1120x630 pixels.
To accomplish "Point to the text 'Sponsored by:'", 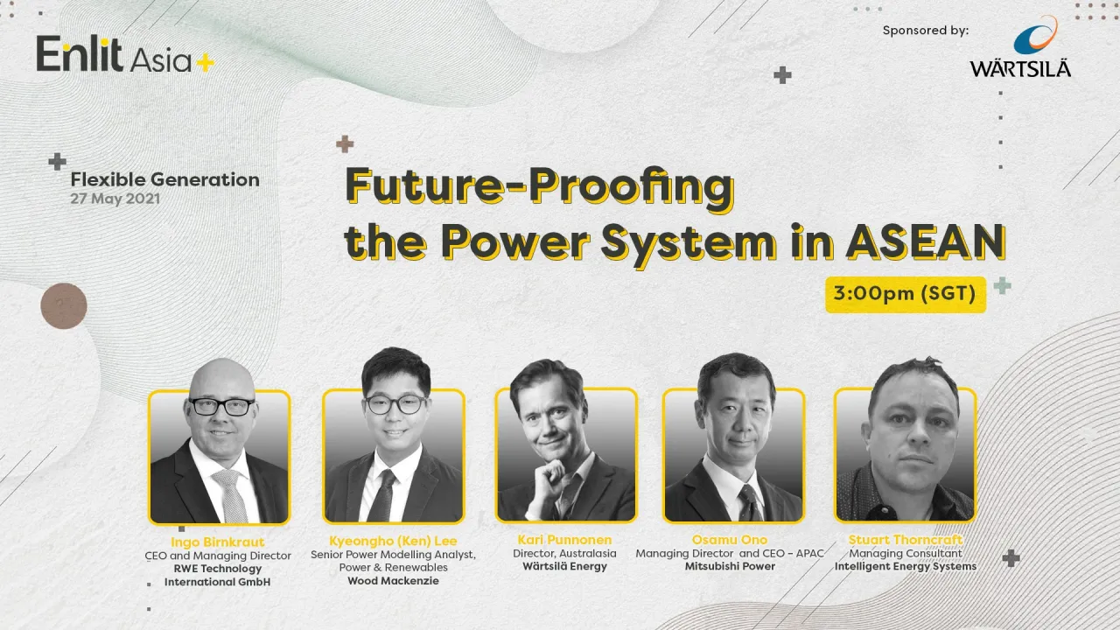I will pos(926,31).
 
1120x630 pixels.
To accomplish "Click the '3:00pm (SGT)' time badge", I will pos(906,294).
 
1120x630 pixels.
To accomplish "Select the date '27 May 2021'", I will pos(115,199).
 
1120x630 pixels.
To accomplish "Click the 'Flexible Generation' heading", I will pos(164,179).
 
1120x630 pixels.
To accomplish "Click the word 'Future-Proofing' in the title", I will pos(539,186).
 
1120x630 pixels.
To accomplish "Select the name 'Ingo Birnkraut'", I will pos(219,542).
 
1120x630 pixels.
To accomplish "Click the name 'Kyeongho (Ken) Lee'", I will pos(393,541).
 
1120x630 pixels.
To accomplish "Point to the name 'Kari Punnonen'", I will pos(564,540).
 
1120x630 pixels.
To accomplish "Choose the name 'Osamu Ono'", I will pos(730,540).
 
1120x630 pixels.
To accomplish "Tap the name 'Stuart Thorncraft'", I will pos(905,540).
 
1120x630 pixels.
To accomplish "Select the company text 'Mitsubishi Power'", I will pos(730,566).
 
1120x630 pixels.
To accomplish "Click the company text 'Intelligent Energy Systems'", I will pos(905,566).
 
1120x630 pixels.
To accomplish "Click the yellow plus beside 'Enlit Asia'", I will pos(206,63).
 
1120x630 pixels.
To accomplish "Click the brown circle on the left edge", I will pos(64,306).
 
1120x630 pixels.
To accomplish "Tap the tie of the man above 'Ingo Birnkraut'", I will pos(231,494).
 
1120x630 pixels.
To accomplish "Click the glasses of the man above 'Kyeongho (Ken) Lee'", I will pos(395,404).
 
